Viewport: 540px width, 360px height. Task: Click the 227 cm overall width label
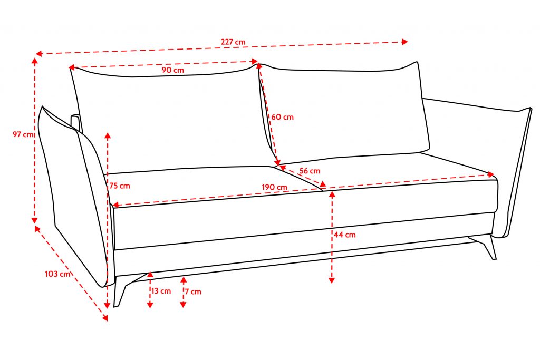pos(233,42)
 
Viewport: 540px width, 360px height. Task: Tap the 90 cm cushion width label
pos(173,70)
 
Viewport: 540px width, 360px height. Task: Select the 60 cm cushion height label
pos(283,117)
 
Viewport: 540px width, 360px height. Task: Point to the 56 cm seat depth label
pos(310,171)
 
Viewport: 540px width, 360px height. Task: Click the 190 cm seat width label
pos(274,187)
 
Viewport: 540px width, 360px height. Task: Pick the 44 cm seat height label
pos(344,235)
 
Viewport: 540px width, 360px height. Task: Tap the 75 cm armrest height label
pos(120,186)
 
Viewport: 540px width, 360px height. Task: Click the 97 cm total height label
pos(23,134)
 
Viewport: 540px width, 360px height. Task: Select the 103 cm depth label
pos(57,274)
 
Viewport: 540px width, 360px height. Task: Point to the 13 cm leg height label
pos(161,291)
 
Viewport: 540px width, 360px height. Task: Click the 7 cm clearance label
pos(193,291)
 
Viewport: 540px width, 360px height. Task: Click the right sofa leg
pos(486,246)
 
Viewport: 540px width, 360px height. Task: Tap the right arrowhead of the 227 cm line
pos(404,42)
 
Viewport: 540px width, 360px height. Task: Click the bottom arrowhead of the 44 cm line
pos(332,280)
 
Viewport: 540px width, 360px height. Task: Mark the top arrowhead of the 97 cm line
pos(34,61)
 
